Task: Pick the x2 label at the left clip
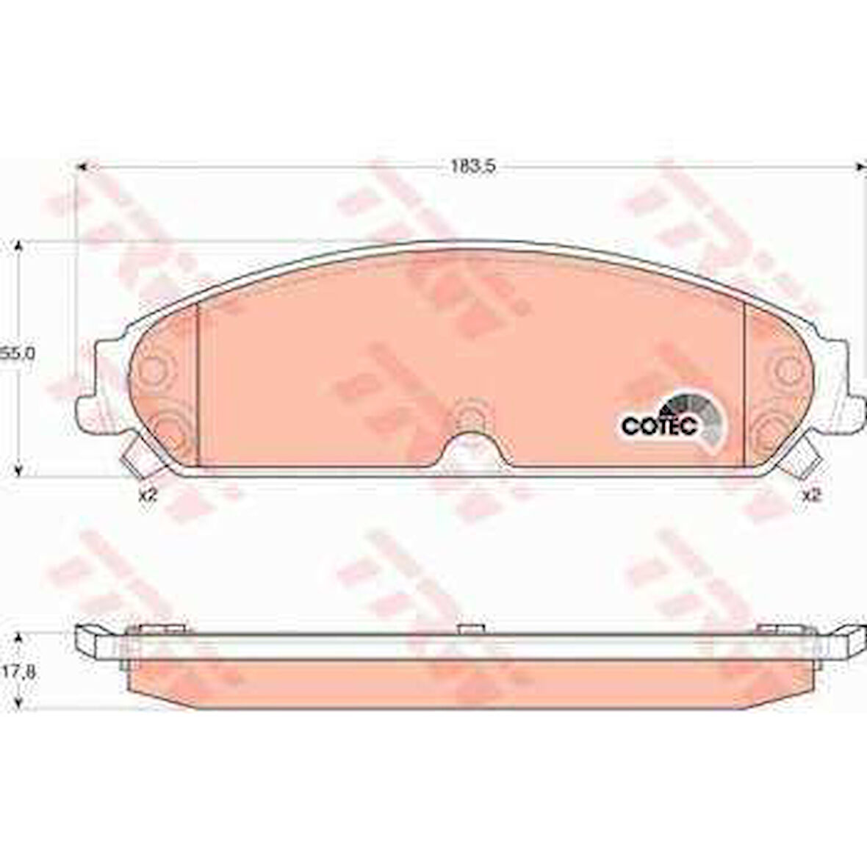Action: pos(148,495)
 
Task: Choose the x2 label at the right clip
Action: pos(810,495)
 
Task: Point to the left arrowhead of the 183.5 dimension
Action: pos(82,168)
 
